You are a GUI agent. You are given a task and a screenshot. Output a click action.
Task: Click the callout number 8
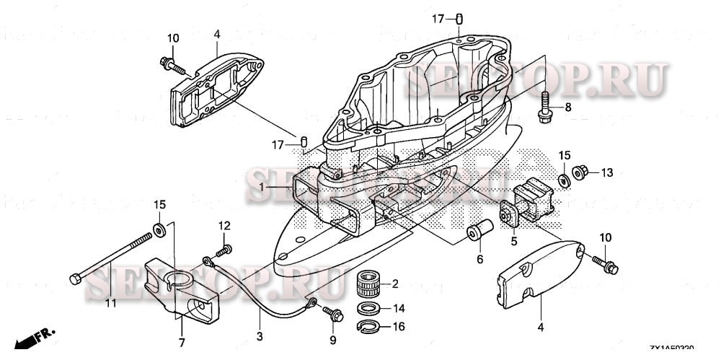[x=567, y=107]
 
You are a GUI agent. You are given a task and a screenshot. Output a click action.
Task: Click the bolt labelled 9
[x=334, y=313]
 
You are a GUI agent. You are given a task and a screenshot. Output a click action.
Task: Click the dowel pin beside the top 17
[x=459, y=19]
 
